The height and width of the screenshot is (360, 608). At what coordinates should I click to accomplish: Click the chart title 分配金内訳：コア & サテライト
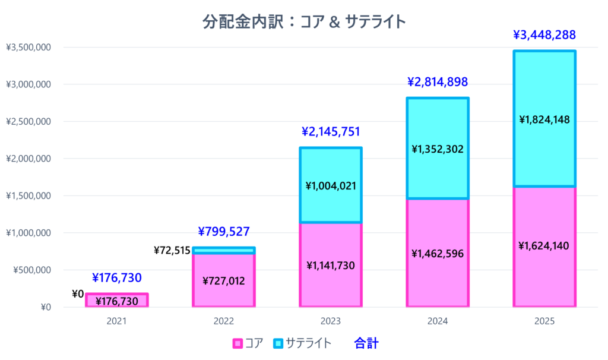pyautogui.click(x=304, y=21)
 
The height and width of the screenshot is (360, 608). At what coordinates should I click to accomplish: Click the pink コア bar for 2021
pyautogui.click(x=117, y=300)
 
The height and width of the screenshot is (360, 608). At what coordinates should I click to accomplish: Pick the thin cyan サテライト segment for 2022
pyautogui.click(x=224, y=251)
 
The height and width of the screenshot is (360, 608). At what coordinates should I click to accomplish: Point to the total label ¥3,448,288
pyautogui.click(x=544, y=35)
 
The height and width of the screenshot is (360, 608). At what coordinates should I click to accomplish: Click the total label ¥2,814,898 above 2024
pyautogui.click(x=438, y=81)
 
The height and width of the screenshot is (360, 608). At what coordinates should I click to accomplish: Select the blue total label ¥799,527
pyautogui.click(x=224, y=231)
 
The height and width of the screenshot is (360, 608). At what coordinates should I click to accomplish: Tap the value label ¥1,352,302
pyautogui.click(x=438, y=149)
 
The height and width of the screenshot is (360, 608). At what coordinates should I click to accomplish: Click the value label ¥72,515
pyautogui.click(x=172, y=250)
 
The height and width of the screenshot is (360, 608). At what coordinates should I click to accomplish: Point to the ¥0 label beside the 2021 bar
pyautogui.click(x=78, y=293)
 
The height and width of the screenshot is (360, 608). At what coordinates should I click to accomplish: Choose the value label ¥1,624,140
pyautogui.click(x=544, y=245)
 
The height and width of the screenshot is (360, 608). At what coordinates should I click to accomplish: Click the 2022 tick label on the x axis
pyautogui.click(x=224, y=321)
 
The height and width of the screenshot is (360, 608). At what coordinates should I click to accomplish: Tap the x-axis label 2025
pyautogui.click(x=544, y=321)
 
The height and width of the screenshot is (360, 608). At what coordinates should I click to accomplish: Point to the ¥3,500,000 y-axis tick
pyautogui.click(x=28, y=48)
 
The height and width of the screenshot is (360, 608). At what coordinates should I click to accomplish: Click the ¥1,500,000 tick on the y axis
pyautogui.click(x=28, y=196)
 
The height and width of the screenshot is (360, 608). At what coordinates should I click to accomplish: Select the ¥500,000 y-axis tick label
pyautogui.click(x=31, y=270)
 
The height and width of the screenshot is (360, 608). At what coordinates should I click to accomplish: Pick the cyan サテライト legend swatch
pyautogui.click(x=278, y=343)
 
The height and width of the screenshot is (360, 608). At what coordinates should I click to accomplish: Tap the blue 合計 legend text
pyautogui.click(x=366, y=343)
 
